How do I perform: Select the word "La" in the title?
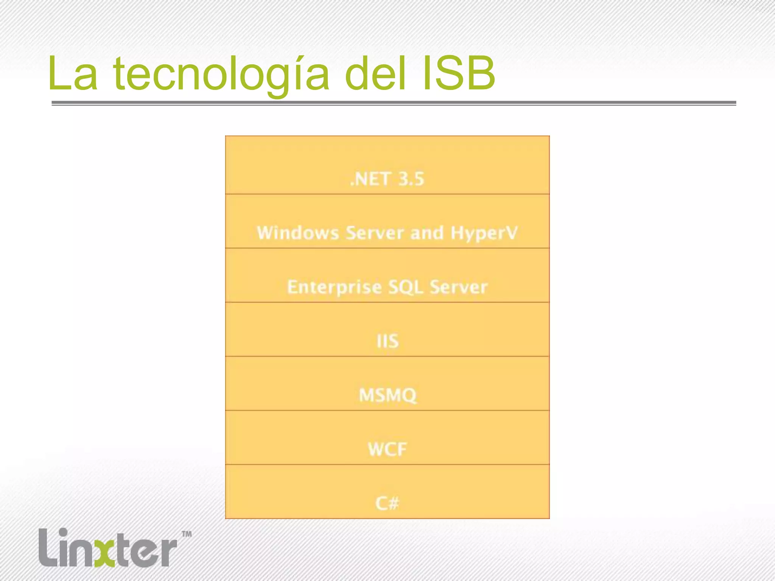click(73, 74)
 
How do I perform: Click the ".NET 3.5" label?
click(387, 179)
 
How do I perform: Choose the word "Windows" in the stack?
click(298, 233)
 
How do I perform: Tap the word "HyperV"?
click(484, 233)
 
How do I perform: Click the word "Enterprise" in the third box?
click(334, 287)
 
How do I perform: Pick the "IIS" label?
click(387, 341)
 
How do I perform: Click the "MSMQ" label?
click(387, 395)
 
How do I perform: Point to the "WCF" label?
click(387, 449)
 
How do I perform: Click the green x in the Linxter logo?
click(104, 553)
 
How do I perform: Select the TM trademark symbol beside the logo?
click(187, 534)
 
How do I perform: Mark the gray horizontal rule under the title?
click(394, 103)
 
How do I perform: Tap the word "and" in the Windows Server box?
click(427, 233)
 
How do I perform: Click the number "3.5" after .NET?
click(411, 179)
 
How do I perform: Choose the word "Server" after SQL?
click(458, 287)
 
